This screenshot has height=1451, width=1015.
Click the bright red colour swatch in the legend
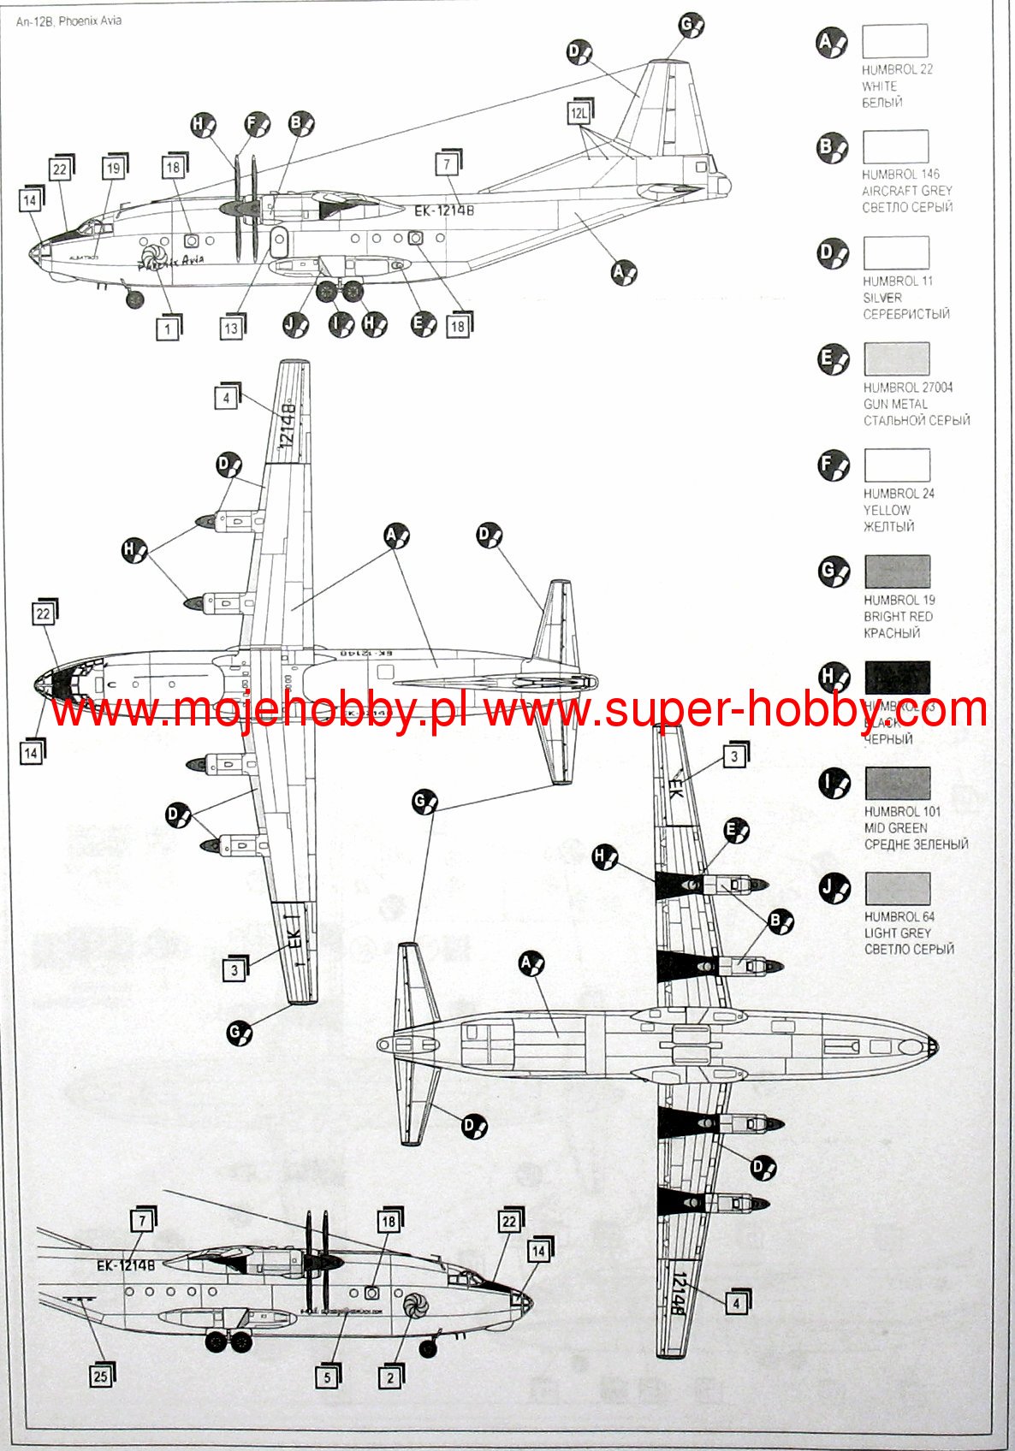(897, 571)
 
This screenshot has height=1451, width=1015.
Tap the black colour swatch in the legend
(897, 677)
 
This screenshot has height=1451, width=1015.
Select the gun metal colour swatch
(896, 358)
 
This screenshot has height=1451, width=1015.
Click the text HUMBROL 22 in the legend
(897, 69)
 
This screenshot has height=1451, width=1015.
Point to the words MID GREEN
(895, 827)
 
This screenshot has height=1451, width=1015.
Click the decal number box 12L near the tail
(579, 113)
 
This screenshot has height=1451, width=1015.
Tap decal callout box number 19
(113, 169)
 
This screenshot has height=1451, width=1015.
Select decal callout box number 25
(101, 1376)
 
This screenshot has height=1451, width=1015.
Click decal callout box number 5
(327, 1377)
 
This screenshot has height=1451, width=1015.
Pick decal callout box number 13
(231, 328)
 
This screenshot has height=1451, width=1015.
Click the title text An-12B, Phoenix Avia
(68, 21)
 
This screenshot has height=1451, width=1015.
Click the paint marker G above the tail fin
(690, 26)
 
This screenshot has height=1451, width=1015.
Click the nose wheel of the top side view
(134, 299)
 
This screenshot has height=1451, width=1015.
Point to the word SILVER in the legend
(881, 298)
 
